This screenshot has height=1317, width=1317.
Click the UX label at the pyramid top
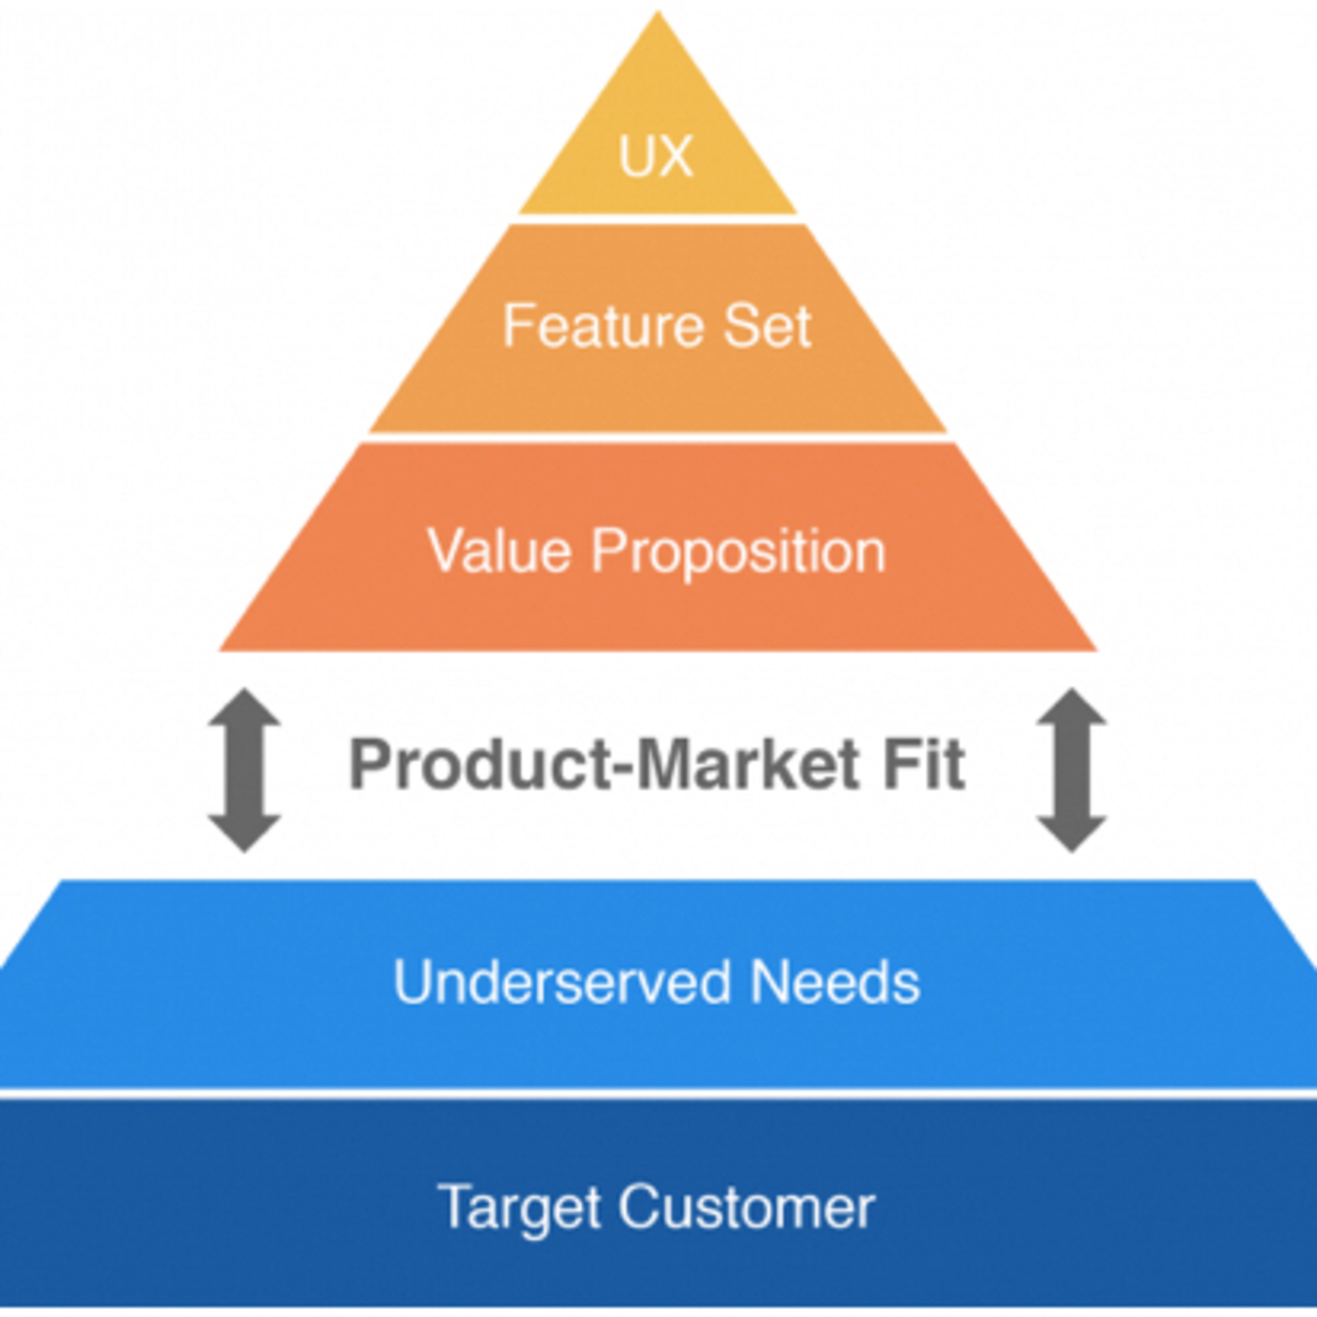pyautogui.click(x=656, y=156)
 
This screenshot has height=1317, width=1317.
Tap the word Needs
pyautogui.click(x=835, y=982)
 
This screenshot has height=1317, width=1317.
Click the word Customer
pyautogui.click(x=746, y=1206)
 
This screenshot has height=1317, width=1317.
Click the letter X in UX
pyautogui.click(x=674, y=156)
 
